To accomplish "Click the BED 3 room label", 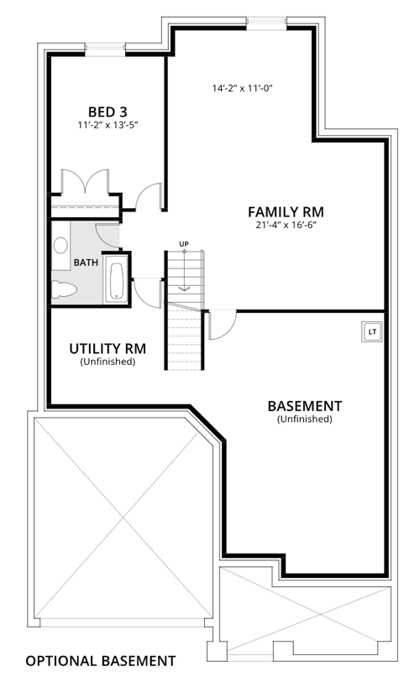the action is tap(108, 112).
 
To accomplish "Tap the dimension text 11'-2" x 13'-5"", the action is tap(108, 125).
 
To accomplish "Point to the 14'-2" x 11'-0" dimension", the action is tap(242, 88).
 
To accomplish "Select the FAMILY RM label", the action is tap(286, 212).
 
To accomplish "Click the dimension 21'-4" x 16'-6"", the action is tap(286, 226).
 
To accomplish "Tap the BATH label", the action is tap(86, 263).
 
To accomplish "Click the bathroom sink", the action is tap(60, 245).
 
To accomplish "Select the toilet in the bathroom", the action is tap(64, 289).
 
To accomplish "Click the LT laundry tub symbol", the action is tap(372, 332).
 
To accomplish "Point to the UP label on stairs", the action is tap(184, 244).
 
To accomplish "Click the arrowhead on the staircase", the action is tap(184, 289).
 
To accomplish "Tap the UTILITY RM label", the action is tap(108, 348).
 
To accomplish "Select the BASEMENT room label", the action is tap(305, 406).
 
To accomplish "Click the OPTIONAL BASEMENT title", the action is tap(101, 661).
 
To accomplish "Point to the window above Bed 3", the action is tap(105, 49).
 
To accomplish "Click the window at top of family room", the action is tap(266, 23).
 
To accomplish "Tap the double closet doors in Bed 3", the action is tap(86, 182).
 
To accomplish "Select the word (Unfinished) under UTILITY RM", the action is tap(108, 362).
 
